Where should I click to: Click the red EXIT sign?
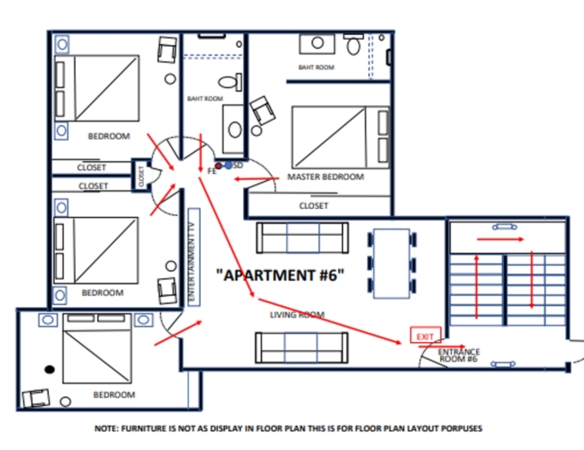(x=426, y=336)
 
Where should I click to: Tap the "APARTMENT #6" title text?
(x=280, y=275)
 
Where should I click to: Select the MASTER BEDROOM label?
(x=326, y=177)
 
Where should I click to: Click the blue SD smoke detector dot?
(x=228, y=166)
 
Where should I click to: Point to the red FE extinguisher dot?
(x=219, y=166)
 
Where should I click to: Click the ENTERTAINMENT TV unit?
(x=194, y=257)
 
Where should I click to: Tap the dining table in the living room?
(x=391, y=264)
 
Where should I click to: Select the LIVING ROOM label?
(x=297, y=315)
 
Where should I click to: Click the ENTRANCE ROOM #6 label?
(x=459, y=355)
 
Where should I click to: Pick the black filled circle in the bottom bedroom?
(x=49, y=370)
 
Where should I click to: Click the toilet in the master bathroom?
(x=353, y=43)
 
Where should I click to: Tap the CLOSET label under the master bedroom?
(x=314, y=205)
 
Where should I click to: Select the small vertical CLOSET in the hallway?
(x=141, y=175)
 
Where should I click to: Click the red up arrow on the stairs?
(x=476, y=287)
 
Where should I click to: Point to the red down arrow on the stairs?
(x=532, y=280)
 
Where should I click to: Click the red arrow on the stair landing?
(x=500, y=239)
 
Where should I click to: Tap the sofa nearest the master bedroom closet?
(x=302, y=238)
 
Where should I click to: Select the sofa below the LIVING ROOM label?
(x=301, y=347)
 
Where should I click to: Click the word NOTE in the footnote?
(x=106, y=428)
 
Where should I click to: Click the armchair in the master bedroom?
(x=263, y=111)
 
